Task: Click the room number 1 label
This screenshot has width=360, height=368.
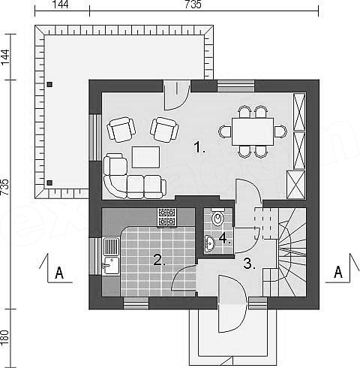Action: click(x=199, y=147)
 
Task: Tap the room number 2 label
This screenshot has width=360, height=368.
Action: click(x=160, y=260)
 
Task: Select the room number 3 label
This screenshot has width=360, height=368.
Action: click(x=249, y=264)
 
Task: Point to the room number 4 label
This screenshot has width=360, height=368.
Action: click(x=224, y=239)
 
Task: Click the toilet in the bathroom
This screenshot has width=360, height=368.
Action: click(x=217, y=217)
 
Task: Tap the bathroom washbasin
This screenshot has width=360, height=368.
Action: click(x=209, y=243)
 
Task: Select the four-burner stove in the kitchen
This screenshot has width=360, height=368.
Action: click(x=166, y=217)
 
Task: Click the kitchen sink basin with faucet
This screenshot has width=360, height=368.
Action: click(x=111, y=265)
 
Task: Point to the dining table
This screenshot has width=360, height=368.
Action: click(x=253, y=131)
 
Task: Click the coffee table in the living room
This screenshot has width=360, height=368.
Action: click(x=145, y=157)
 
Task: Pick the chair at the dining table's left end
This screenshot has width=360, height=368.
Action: click(x=225, y=131)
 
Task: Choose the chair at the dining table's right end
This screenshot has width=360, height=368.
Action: click(x=280, y=131)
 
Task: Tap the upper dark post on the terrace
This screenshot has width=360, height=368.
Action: click(x=50, y=84)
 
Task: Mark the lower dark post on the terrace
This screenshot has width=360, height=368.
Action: click(x=49, y=182)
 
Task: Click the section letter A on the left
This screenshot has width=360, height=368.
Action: click(x=59, y=273)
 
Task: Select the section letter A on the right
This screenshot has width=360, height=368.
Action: click(x=338, y=272)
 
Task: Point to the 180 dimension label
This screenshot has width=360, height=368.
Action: click(x=5, y=339)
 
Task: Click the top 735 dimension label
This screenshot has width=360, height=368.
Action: click(x=193, y=5)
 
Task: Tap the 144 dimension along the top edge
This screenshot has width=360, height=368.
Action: click(x=61, y=5)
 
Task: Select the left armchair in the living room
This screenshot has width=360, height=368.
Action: click(x=121, y=129)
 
